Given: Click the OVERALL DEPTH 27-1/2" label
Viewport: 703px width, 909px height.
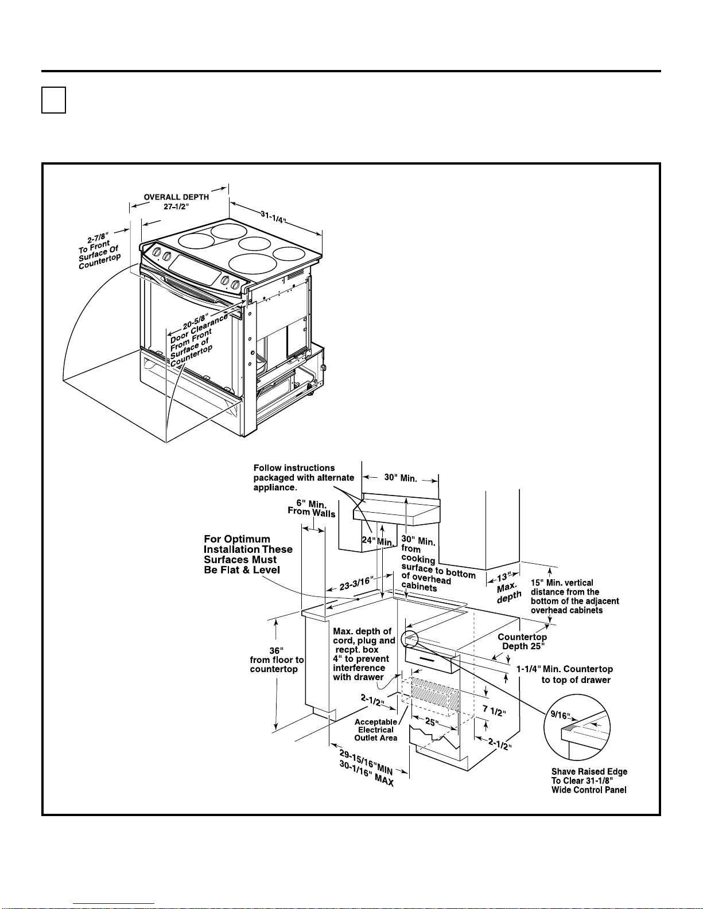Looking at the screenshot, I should [x=176, y=201].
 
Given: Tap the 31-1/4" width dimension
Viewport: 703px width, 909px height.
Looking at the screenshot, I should [x=274, y=219].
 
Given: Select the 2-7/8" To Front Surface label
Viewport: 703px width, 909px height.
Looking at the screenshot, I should [x=99, y=249].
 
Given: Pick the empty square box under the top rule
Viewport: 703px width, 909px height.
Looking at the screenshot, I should [x=53, y=100].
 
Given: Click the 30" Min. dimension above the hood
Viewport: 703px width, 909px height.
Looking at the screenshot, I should [x=400, y=478].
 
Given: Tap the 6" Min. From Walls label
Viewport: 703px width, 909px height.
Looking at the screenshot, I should [x=312, y=508].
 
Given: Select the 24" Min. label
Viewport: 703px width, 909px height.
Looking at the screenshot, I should [x=377, y=541].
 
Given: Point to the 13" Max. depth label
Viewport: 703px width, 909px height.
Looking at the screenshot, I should [x=507, y=587].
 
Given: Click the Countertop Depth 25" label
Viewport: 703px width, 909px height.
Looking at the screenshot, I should [x=522, y=641].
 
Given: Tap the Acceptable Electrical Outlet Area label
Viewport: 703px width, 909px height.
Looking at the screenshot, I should [x=375, y=729].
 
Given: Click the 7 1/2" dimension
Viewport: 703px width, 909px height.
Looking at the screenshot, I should [x=494, y=711].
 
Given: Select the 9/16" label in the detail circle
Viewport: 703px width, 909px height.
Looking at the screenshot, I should [x=561, y=715].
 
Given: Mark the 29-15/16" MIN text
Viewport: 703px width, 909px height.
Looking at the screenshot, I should [x=366, y=762].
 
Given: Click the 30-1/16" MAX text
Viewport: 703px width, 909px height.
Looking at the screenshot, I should [x=366, y=774].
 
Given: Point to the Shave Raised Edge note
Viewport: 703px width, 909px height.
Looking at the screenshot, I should [x=589, y=781].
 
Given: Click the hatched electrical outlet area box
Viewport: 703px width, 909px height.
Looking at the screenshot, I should [x=430, y=692].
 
